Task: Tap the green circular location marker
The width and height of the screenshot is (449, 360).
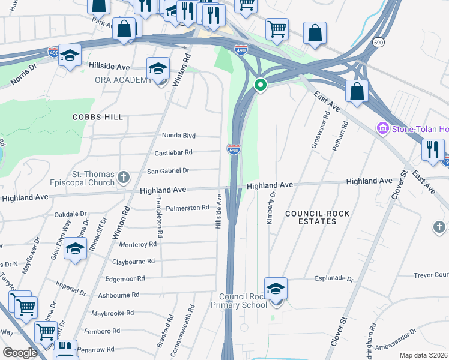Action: (260, 85)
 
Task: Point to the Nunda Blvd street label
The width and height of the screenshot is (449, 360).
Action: (179, 136)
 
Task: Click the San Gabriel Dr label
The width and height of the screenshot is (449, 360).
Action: (168, 170)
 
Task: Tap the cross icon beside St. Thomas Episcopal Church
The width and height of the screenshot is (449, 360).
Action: (124, 177)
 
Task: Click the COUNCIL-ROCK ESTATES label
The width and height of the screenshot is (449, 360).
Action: (310, 217)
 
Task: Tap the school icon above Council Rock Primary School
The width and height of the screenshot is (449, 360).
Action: (276, 289)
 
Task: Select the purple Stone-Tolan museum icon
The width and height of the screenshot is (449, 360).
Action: (382, 128)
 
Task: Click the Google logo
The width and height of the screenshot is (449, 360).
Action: (20, 353)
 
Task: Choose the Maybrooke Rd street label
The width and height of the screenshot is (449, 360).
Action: (113, 313)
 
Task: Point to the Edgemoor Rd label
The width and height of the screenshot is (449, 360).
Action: (125, 278)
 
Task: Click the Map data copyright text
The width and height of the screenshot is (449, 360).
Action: (423, 355)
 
